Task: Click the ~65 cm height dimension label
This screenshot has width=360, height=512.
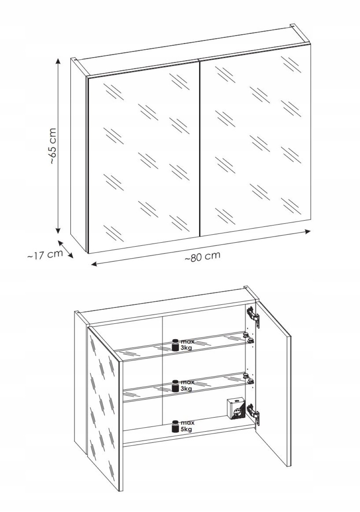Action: point(53,146)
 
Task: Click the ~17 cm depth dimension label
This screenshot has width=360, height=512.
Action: point(45,255)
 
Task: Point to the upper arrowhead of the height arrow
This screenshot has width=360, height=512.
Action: point(58,61)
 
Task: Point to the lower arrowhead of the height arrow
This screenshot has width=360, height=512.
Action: point(58,231)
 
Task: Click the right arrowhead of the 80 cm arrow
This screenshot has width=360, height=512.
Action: point(308,232)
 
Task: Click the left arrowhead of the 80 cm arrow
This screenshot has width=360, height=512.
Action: point(94,264)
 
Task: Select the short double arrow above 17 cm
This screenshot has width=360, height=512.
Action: point(66,249)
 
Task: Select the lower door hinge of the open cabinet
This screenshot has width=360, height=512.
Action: point(253,413)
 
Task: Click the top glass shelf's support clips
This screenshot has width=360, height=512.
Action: point(248,338)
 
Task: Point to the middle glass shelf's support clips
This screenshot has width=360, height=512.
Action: point(248,378)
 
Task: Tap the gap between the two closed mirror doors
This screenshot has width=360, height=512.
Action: point(199,148)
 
